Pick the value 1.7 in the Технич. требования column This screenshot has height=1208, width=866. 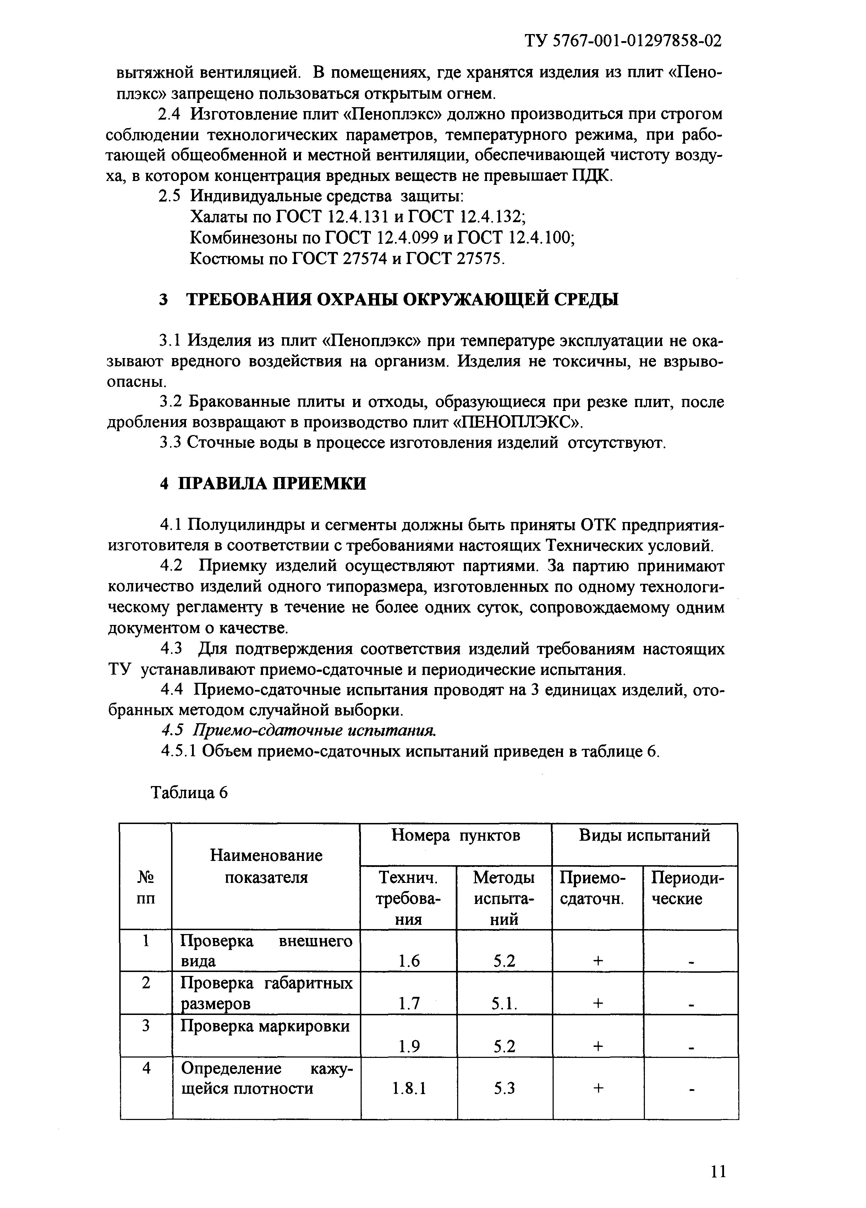click(x=409, y=1004)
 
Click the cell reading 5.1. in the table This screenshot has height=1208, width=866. click(x=504, y=1004)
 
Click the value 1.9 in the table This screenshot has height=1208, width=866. click(x=409, y=1047)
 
